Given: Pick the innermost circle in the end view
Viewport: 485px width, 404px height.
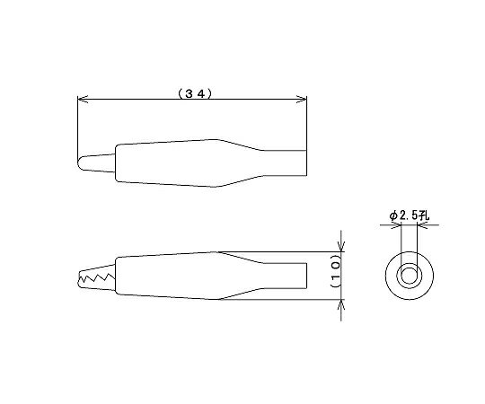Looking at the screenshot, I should (x=409, y=275).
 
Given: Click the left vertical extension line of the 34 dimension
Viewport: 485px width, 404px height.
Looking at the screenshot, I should (x=78, y=126).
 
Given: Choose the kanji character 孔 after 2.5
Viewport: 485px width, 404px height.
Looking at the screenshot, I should (x=426, y=215).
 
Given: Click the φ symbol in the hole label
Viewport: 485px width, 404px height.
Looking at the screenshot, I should (x=393, y=215).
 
